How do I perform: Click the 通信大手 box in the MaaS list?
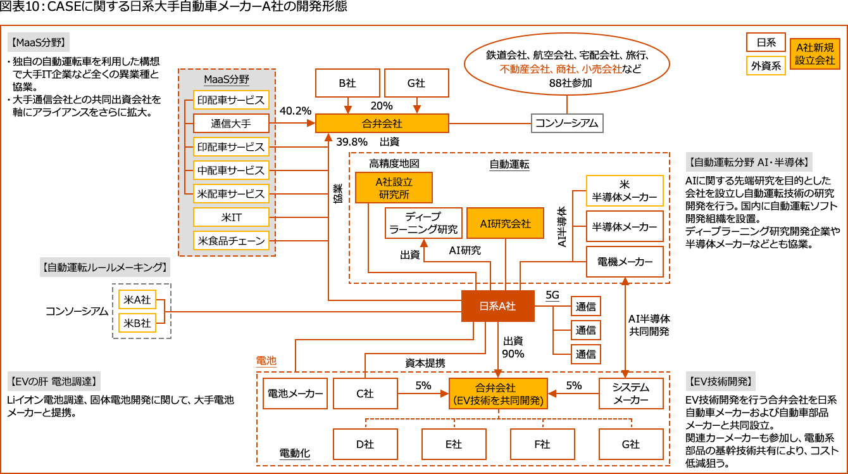click(x=231, y=124)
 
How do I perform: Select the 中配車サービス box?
click(x=231, y=170)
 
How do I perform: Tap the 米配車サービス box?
click(x=231, y=194)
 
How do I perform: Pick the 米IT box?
click(x=231, y=217)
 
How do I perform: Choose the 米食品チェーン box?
click(x=231, y=241)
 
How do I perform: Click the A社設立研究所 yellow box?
click(x=394, y=188)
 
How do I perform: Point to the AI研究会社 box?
click(x=505, y=223)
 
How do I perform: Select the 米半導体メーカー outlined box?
click(x=625, y=191)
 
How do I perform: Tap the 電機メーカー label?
click(x=625, y=261)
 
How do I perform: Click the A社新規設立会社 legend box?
click(x=815, y=54)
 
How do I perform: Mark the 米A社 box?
click(x=137, y=300)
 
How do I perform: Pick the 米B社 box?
click(x=137, y=323)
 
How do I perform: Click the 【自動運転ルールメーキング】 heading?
click(x=105, y=267)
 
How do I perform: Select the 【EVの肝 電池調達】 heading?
click(x=54, y=381)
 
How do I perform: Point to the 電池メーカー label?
click(x=295, y=394)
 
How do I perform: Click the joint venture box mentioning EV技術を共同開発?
click(x=498, y=394)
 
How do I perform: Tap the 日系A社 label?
click(x=497, y=306)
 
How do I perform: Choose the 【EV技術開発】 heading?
click(x=721, y=381)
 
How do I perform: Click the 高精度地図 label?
click(x=394, y=163)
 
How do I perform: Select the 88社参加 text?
click(x=570, y=82)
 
